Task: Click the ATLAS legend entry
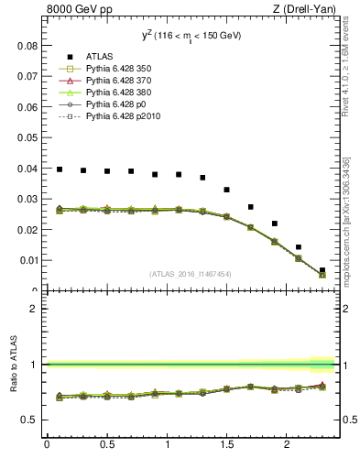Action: pos(99,57)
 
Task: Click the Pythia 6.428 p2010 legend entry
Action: pos(116,116)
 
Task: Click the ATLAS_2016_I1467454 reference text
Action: pos(191,274)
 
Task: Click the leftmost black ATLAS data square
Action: pos(59,169)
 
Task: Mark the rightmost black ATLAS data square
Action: pos(322,270)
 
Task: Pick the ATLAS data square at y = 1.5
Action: pos(226,190)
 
